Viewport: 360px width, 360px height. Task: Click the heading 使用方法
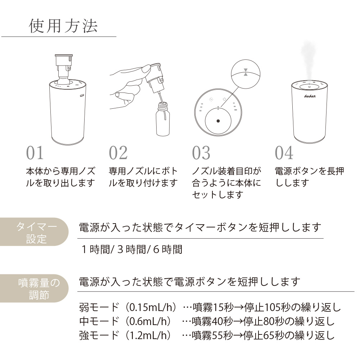[x=63, y=26]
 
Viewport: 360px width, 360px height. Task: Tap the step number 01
[x=35, y=153]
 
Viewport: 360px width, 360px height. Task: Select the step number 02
[x=118, y=153]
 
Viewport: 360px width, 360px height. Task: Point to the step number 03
[x=201, y=153]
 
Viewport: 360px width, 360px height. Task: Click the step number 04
[x=284, y=153]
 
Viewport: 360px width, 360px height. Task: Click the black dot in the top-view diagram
[x=218, y=121]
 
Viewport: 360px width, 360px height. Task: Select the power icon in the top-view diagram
[x=224, y=99]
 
